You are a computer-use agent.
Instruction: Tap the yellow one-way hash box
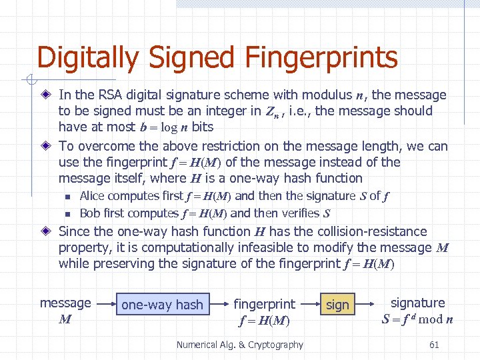pos(162,305)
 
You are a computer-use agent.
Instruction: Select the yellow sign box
pos(337,305)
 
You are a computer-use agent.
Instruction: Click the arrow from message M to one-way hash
pos(103,304)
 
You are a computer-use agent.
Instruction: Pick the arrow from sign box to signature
pos(367,304)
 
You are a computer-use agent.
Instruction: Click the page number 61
pos(434,345)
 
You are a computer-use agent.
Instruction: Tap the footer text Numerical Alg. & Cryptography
pos(239,345)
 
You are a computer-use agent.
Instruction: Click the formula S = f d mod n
pos(417,319)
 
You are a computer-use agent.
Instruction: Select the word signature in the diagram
pos(417,303)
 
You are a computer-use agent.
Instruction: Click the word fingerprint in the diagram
pos(264,304)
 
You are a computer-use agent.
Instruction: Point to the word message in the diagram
pos(65,303)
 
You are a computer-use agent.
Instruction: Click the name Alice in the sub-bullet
pos(93,196)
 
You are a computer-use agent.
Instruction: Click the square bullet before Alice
pos(67,197)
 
